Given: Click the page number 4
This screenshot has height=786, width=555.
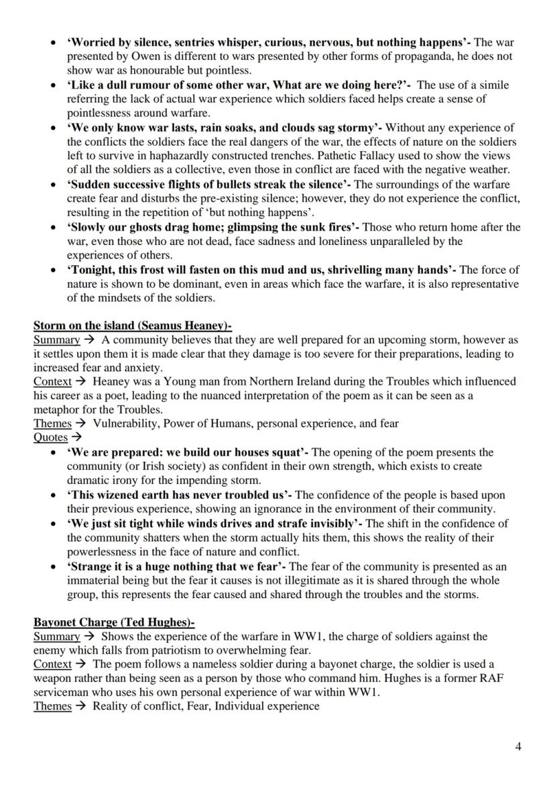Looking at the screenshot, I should [518, 746].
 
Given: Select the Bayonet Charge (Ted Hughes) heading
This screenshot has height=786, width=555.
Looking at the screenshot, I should [114, 622].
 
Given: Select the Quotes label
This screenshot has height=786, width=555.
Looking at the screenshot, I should [50, 438].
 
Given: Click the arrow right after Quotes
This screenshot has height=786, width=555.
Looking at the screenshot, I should [76, 438].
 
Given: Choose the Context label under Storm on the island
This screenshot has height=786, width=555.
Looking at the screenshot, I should [52, 381].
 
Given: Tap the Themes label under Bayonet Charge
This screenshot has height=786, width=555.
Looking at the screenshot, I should [52, 706].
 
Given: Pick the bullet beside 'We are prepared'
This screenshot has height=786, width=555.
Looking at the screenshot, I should [54, 453].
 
